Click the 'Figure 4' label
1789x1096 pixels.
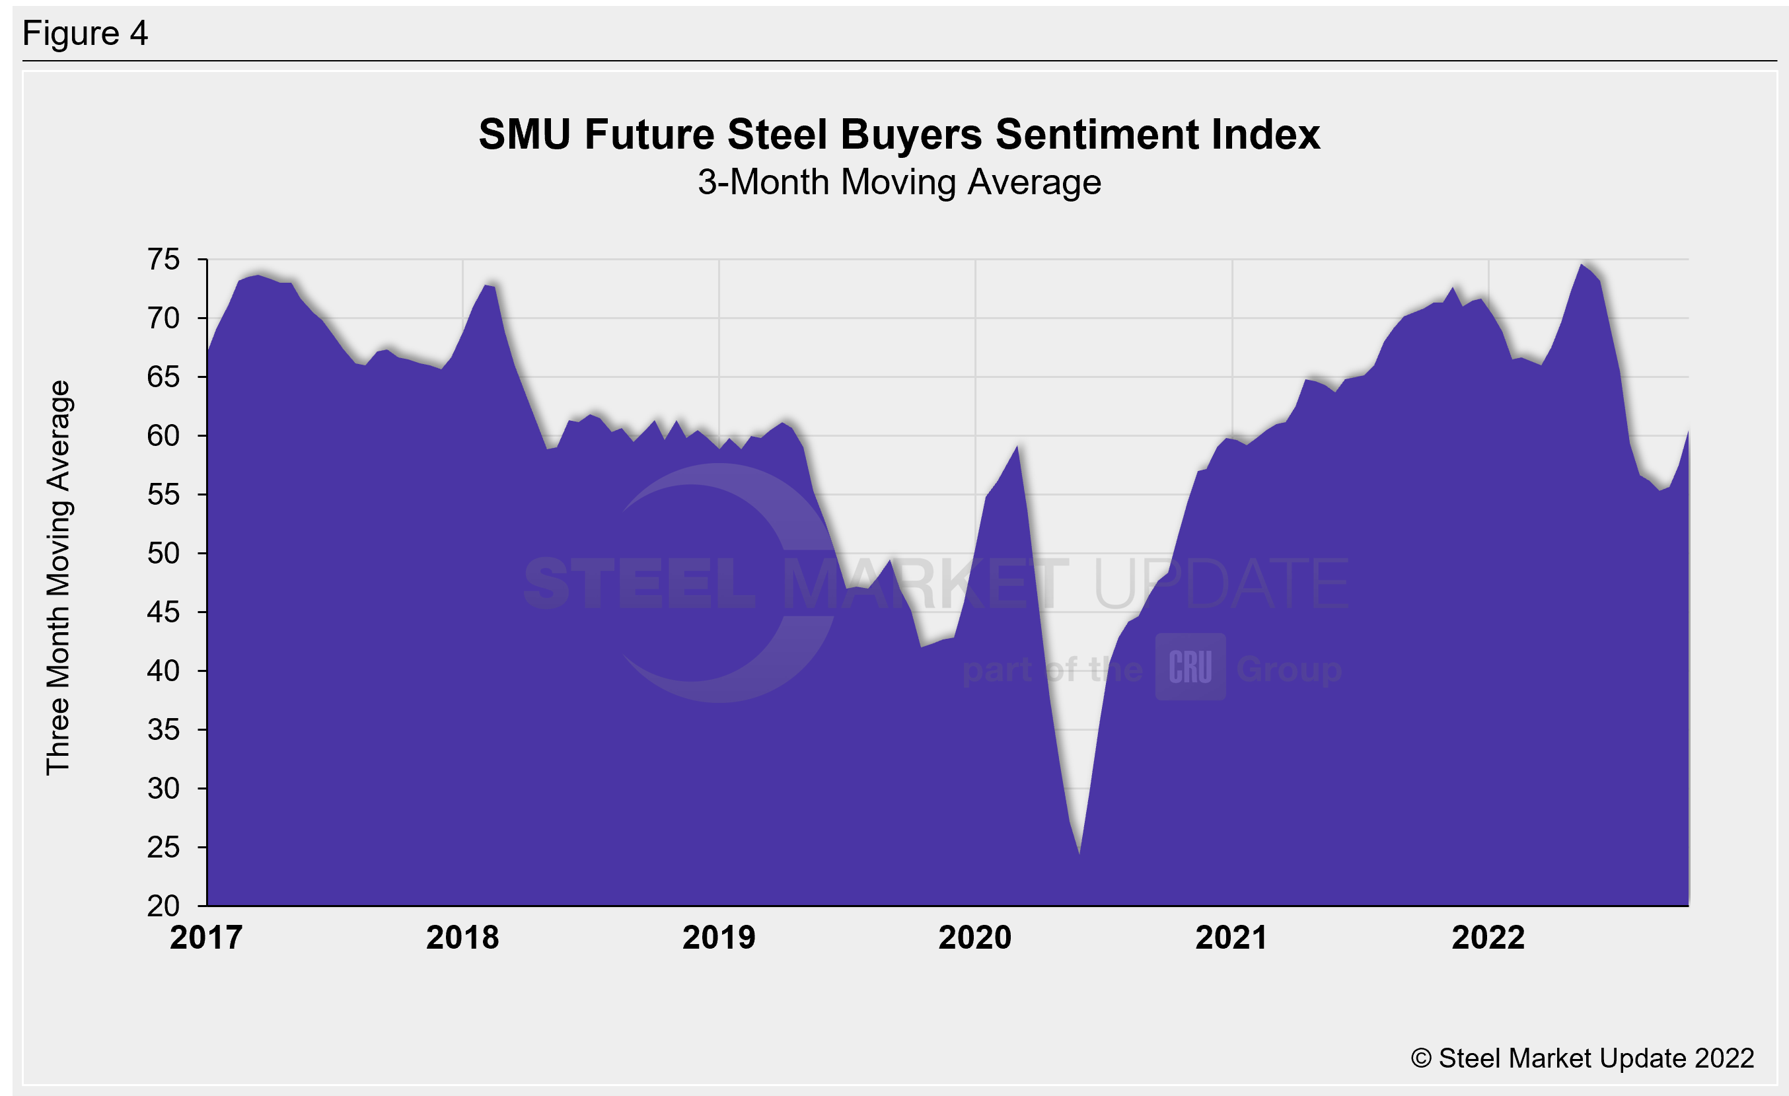85,34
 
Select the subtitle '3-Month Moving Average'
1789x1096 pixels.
899,182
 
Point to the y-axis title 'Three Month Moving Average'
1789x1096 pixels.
58,578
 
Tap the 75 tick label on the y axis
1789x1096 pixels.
163,260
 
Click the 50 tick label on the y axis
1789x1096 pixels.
163,554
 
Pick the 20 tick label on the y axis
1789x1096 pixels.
163,906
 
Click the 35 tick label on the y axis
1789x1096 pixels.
163,729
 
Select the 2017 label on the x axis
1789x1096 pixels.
206,937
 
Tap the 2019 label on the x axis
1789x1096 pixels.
719,937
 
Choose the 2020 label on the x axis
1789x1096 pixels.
975,937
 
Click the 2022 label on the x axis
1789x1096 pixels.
1488,937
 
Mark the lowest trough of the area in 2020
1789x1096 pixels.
1079,853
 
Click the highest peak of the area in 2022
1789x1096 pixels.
1582,264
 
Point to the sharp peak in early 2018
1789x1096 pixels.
486,285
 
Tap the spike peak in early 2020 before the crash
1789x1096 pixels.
1018,446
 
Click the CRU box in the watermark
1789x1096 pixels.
1190,667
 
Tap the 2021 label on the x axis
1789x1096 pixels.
1231,937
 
